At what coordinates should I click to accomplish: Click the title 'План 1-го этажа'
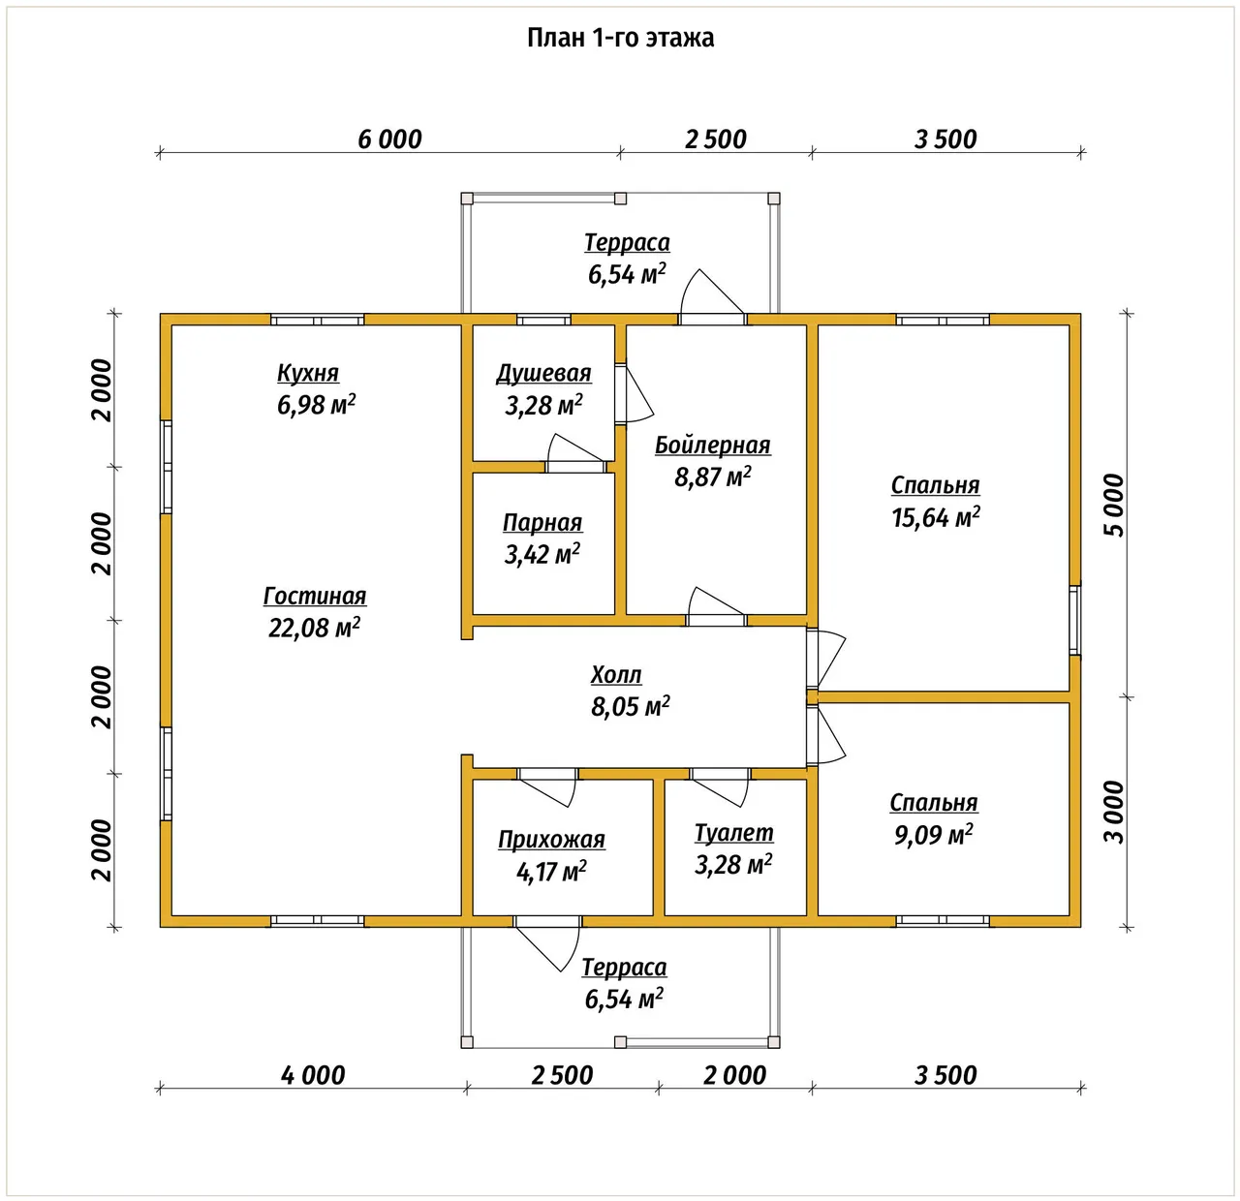point(620,38)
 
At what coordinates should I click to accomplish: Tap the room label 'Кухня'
point(308,373)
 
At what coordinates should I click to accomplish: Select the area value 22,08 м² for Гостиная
point(314,628)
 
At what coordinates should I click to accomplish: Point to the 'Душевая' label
point(543,373)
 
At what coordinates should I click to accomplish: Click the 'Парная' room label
point(542,522)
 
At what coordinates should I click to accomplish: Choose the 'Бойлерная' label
point(712,446)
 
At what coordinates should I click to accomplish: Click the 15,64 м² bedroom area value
point(936,517)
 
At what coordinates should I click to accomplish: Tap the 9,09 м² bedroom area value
point(934,835)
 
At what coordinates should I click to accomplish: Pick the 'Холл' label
point(615,674)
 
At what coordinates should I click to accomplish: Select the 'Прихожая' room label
point(551,840)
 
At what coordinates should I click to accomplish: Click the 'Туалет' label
point(733,833)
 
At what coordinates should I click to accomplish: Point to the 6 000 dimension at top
point(389,139)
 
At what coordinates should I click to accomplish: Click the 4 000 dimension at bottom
point(313,1075)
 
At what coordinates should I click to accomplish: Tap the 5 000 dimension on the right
point(1114,505)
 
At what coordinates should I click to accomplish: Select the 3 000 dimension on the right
point(1114,812)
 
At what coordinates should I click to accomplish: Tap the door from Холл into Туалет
point(721,786)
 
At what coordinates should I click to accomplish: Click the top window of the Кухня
point(318,320)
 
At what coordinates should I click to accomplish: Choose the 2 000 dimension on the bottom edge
point(734,1075)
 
